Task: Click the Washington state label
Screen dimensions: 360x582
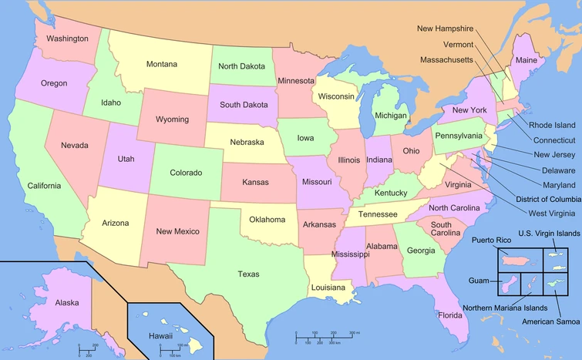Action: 67,38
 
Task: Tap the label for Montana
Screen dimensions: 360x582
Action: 161,64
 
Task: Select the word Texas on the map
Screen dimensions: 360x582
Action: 248,274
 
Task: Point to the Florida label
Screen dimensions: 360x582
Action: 450,315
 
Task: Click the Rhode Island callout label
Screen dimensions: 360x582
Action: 551,125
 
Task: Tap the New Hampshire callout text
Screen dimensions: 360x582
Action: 445,29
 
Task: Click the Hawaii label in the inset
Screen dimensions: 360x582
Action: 160,336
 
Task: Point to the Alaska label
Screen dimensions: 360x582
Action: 66,303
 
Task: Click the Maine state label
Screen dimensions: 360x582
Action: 526,60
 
